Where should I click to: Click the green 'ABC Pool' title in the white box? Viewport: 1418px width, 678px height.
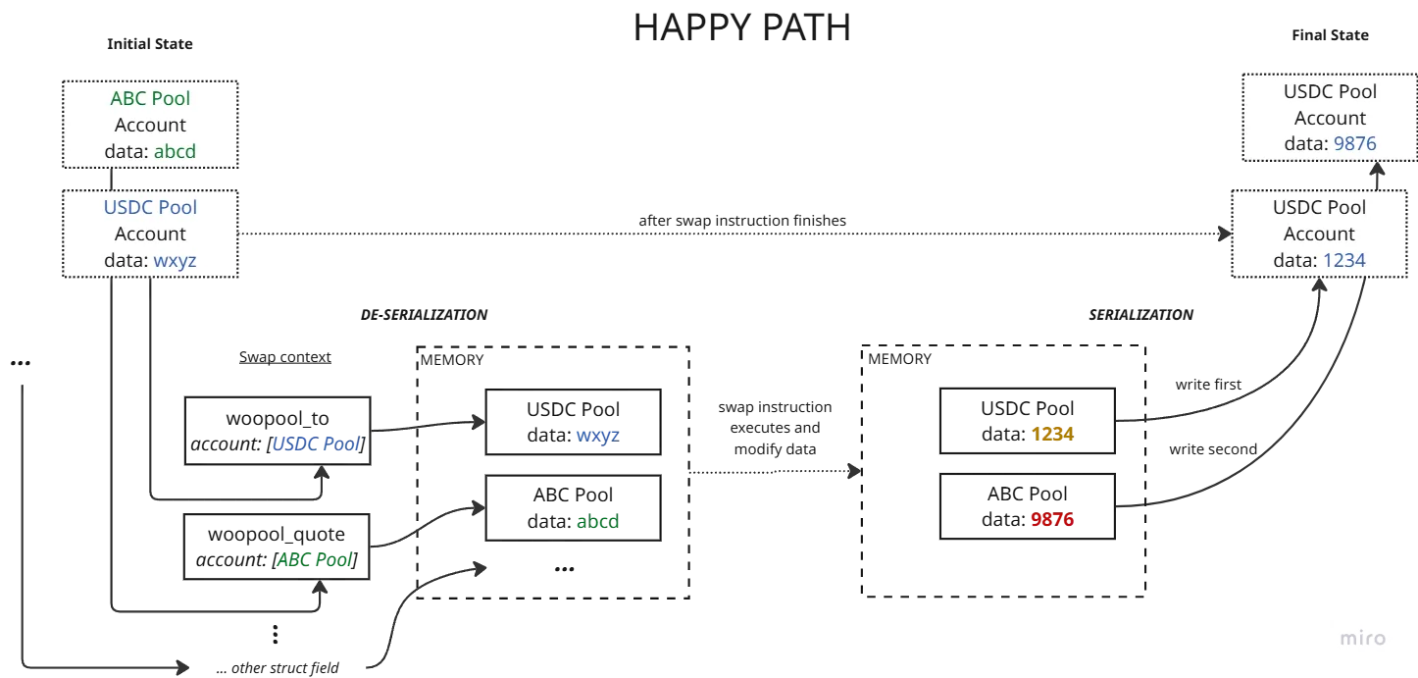pyautogui.click(x=150, y=98)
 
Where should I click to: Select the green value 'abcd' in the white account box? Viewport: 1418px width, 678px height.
pyautogui.click(x=181, y=152)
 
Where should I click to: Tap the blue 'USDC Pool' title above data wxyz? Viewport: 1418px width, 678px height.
pyautogui.click(x=150, y=207)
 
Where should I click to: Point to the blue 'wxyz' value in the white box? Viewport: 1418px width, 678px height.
pyautogui.click(x=175, y=261)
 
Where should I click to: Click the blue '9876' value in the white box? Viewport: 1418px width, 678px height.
pyautogui.click(x=1354, y=143)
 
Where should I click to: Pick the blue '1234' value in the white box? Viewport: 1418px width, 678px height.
pyautogui.click(x=1343, y=260)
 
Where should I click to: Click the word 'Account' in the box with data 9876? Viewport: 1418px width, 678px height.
pyautogui.click(x=1330, y=118)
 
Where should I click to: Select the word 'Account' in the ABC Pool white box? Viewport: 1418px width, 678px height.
pyautogui.click(x=150, y=125)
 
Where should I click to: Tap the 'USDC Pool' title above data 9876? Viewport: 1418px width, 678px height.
pyautogui.click(x=1330, y=91)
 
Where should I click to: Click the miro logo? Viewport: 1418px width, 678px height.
pyautogui.click(x=1363, y=639)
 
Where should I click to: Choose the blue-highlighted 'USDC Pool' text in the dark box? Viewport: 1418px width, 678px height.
pyautogui.click(x=317, y=444)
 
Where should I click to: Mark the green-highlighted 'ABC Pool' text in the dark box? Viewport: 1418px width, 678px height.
pyautogui.click(x=315, y=560)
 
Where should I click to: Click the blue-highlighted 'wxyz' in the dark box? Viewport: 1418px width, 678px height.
pyautogui.click(x=596, y=436)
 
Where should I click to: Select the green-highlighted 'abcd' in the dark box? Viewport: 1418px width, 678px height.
pyautogui.click(x=596, y=522)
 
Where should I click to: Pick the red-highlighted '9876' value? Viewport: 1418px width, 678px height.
pyautogui.click(x=1050, y=521)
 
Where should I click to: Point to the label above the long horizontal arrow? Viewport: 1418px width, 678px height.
pyautogui.click(x=740, y=220)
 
